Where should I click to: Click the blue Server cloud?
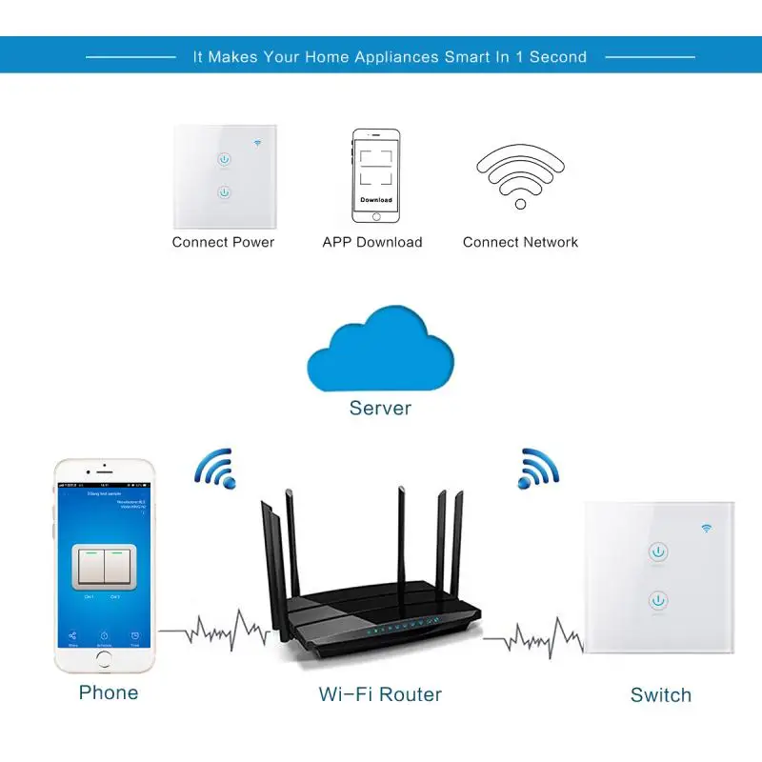click(x=380, y=354)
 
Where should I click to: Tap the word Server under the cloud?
click(x=380, y=408)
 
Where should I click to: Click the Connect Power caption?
click(x=223, y=242)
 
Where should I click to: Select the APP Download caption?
click(x=372, y=242)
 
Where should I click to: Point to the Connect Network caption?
click(x=520, y=242)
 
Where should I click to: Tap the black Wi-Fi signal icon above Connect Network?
click(x=520, y=175)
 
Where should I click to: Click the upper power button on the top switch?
click(x=224, y=159)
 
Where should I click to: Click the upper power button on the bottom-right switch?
click(x=659, y=551)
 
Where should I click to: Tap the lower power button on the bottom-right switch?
click(x=659, y=600)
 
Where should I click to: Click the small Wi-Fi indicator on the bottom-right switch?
click(x=707, y=527)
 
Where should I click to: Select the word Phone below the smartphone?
click(x=109, y=692)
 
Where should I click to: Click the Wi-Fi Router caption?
click(x=380, y=693)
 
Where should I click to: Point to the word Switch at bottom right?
click(x=660, y=695)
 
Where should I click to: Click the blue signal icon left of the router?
click(x=214, y=467)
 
